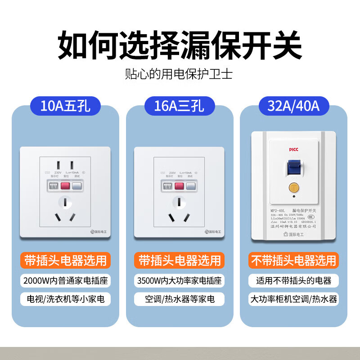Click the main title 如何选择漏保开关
(x=180, y=44)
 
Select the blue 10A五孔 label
(x=65, y=107)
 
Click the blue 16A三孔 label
(x=180, y=107)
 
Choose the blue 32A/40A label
(x=293, y=107)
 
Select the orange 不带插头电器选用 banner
(x=294, y=260)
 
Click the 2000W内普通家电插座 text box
(x=65, y=281)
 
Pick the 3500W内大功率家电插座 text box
(x=180, y=281)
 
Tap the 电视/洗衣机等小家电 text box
(x=65, y=299)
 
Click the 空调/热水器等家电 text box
(x=180, y=299)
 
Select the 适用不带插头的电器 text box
(x=294, y=281)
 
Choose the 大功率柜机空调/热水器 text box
(x=294, y=299)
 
